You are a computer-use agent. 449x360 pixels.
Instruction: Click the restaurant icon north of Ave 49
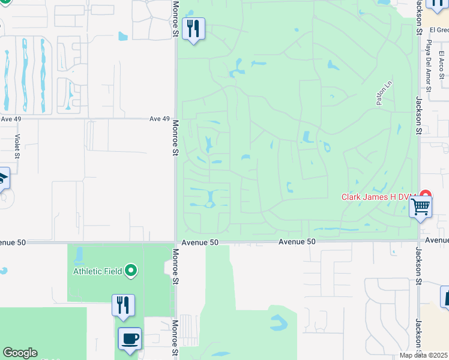coord(193,28)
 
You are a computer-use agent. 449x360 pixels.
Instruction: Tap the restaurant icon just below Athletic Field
coord(123,305)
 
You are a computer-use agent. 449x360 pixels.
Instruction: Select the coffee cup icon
coord(130,338)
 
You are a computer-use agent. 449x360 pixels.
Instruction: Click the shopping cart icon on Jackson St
coord(420,207)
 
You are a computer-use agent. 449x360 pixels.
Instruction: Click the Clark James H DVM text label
coord(380,196)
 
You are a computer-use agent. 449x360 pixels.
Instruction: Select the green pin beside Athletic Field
coord(131,271)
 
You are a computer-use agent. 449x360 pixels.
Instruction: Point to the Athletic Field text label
coord(98,271)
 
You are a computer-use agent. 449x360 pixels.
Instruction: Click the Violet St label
coord(17,146)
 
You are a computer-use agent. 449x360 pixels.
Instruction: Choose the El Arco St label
coord(441,67)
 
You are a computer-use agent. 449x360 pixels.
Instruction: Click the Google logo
coord(20,353)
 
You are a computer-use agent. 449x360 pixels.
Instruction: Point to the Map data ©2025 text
coord(424,355)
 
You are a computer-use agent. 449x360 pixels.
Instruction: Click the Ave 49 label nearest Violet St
coord(11,119)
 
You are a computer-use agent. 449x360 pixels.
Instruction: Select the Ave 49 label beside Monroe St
coord(159,119)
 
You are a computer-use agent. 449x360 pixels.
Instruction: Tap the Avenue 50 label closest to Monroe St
coord(198,242)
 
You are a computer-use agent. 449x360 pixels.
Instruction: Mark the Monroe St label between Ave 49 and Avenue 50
coord(176,138)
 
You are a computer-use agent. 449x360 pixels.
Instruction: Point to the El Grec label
coord(439,29)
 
